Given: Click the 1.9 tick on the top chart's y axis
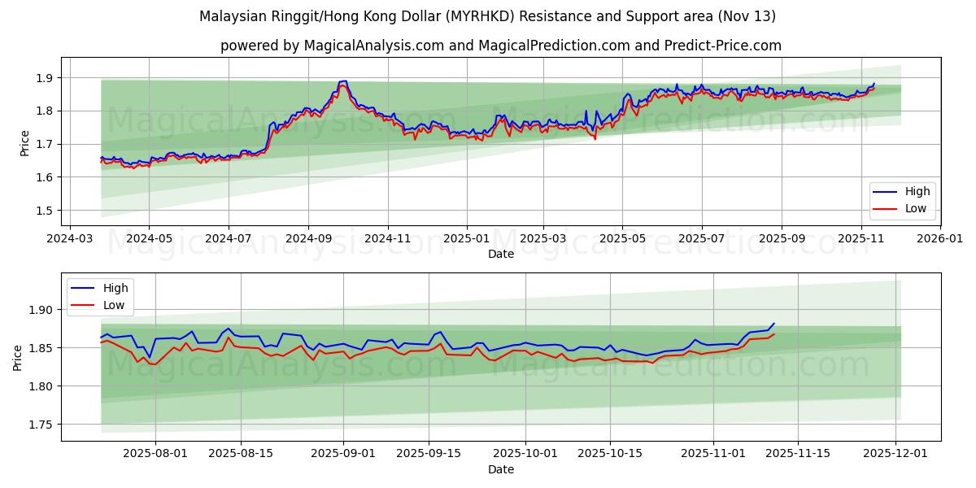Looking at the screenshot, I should pyautogui.click(x=45, y=78).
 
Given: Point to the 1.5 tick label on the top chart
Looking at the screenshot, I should pyautogui.click(x=45, y=211).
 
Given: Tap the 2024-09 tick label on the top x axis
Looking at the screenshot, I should pyautogui.click(x=308, y=239).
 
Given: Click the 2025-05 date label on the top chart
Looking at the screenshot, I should pyautogui.click(x=622, y=239).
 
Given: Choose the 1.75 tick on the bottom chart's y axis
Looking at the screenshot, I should pyautogui.click(x=41, y=425).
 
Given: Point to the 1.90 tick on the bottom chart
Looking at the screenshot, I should pyautogui.click(x=41, y=310).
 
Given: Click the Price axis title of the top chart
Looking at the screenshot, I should pyautogui.click(x=24, y=143).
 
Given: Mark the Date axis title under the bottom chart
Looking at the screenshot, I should pyautogui.click(x=500, y=469).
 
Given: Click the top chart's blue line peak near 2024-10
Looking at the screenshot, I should pyautogui.click(x=345, y=81).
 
